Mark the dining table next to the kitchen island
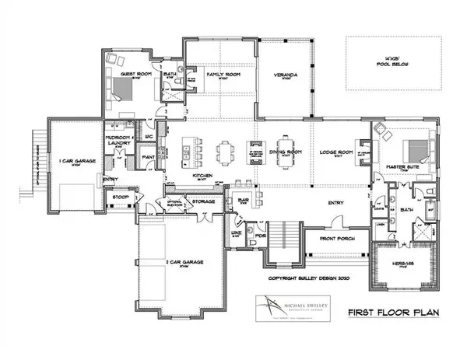tap(226, 148)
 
